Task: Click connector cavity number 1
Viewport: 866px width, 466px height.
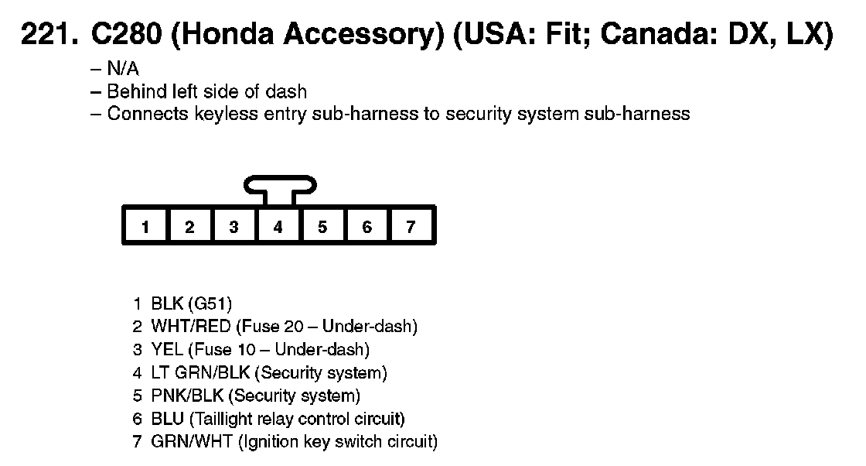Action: pos(145,227)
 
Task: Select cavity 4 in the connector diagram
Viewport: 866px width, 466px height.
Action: pos(278,227)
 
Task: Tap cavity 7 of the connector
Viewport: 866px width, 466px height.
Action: pos(411,227)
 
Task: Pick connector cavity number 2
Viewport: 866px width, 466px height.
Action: pos(189,227)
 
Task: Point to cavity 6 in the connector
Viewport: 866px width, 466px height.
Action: pos(367,227)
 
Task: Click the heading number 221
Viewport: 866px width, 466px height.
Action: pos(48,36)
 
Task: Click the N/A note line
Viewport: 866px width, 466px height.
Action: pos(121,69)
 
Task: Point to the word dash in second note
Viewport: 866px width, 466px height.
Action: pos(287,91)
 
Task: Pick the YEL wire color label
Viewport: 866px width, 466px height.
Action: pos(167,350)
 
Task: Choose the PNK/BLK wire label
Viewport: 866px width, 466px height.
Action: pos(187,396)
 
